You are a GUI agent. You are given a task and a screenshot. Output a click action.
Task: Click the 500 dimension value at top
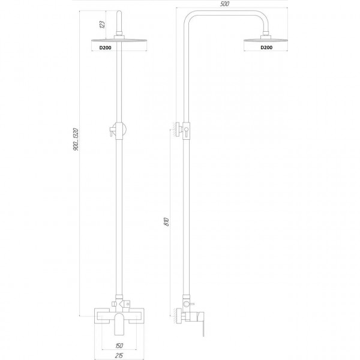click(x=224, y=4)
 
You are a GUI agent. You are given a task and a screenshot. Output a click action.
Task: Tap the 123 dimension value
click(x=103, y=25)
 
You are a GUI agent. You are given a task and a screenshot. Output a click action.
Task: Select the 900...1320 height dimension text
click(x=76, y=139)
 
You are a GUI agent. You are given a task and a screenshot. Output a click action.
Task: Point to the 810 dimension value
click(x=166, y=222)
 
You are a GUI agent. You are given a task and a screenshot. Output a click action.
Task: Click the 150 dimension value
click(x=119, y=346)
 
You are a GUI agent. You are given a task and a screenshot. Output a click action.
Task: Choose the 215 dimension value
click(x=119, y=356)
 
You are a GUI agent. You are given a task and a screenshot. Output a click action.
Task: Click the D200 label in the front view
click(x=105, y=48)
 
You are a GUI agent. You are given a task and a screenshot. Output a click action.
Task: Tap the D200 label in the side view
click(x=266, y=47)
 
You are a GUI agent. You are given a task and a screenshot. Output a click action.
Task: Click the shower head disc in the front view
click(x=119, y=41)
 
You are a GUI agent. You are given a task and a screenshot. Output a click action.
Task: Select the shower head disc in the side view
click(x=266, y=40)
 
